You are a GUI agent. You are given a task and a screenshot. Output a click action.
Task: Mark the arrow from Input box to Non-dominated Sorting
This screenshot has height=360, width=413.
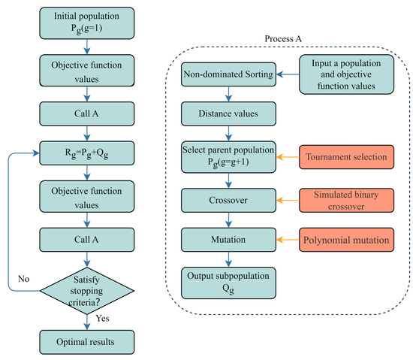click(x=289, y=74)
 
